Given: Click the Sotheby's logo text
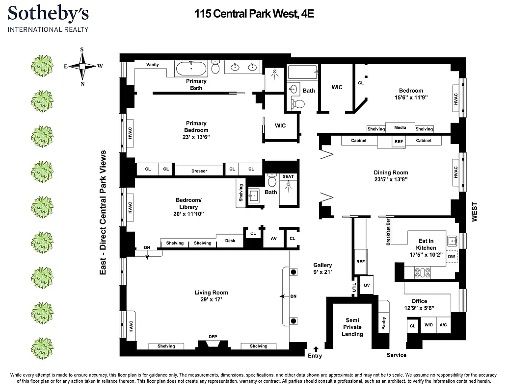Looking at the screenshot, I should tap(48, 13).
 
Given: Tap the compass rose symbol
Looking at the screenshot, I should tap(82, 66).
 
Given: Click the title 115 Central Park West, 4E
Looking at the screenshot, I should tap(254, 14).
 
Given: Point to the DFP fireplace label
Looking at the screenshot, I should tap(213, 336).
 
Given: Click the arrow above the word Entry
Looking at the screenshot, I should tap(315, 348).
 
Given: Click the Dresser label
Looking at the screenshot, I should tap(199, 171).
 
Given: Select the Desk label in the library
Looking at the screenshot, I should tap(230, 241).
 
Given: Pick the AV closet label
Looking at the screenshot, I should tap(273, 239).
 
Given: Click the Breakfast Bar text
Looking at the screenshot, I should tap(388, 230).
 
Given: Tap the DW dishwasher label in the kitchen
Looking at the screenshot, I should tap(452, 256).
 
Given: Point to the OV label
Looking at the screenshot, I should tap(366, 285).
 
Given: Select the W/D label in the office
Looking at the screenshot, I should tap(428, 325).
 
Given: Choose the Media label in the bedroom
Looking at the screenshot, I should tap(400, 128).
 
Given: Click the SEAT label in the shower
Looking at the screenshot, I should tap(288, 176).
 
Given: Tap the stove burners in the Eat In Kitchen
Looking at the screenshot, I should tap(422, 273).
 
